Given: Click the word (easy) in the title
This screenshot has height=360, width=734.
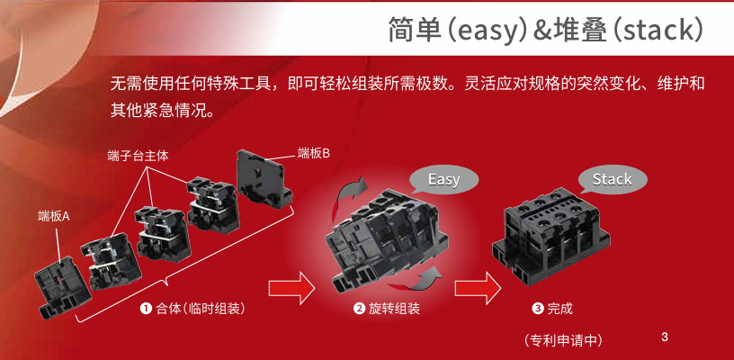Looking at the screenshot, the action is pyautogui.click(x=487, y=30).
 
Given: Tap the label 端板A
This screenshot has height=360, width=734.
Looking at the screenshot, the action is pyautogui.click(x=53, y=216).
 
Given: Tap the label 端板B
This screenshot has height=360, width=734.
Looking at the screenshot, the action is pyautogui.click(x=314, y=153).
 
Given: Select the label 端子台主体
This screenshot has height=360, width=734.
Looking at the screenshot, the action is pyautogui.click(x=138, y=157).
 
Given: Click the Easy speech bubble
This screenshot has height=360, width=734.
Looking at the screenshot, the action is pyautogui.click(x=443, y=179).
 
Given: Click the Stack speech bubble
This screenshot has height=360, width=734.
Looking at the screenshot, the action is pyautogui.click(x=613, y=179).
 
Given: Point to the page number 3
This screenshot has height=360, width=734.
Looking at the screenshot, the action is pyautogui.click(x=665, y=337).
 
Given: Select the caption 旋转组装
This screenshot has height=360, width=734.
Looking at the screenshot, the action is pyautogui.click(x=394, y=309).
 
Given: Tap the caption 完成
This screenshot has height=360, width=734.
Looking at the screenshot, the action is pyautogui.click(x=559, y=309).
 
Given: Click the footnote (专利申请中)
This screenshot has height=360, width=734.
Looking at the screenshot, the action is pyautogui.click(x=563, y=340).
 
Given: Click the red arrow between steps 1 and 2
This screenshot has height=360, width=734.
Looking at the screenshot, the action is pyautogui.click(x=292, y=287).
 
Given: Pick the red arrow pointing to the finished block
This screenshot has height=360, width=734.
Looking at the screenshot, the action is pyautogui.click(x=478, y=287).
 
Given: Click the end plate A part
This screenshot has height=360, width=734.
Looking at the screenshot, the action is pyautogui.click(x=62, y=286).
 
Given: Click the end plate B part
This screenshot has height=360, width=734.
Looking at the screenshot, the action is pyautogui.click(x=264, y=177).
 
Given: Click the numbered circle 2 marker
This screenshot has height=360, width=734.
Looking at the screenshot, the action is pyautogui.click(x=359, y=309).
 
